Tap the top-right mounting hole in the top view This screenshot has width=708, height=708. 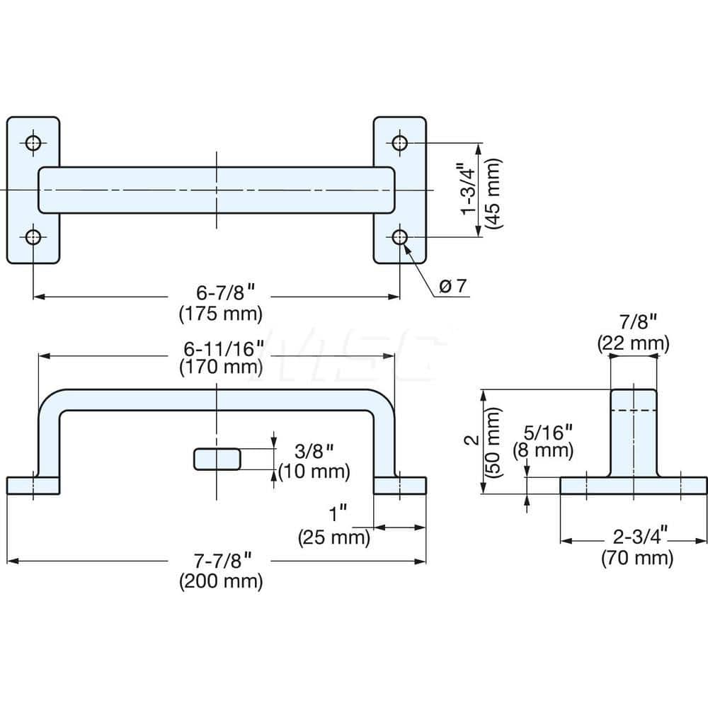400,143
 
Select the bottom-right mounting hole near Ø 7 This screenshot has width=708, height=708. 400,236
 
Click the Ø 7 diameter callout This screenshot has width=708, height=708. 452,286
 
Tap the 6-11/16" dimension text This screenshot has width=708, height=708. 221,348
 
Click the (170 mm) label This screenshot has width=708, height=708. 221,367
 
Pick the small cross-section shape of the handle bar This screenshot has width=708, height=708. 217,459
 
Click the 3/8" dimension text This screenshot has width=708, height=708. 312,451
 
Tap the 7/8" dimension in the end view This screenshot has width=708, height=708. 633,324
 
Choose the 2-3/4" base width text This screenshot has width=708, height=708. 636,539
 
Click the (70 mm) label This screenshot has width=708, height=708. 636,559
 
